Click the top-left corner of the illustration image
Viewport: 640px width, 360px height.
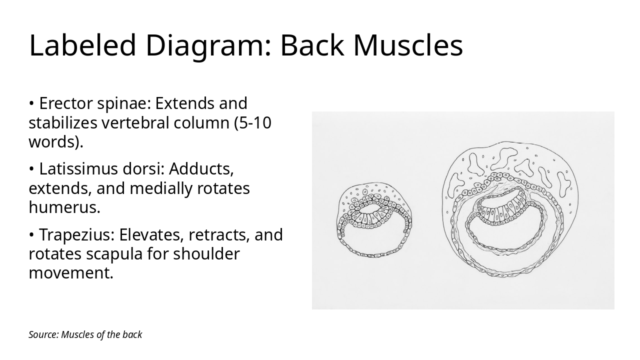tap(312, 111)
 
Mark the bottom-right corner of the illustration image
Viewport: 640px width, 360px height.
tap(614, 309)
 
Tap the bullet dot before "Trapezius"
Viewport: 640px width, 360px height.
tap(31, 235)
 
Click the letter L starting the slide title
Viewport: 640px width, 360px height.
tap(36, 45)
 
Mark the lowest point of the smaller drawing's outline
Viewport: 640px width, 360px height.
tap(373, 257)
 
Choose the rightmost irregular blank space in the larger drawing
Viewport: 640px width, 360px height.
tap(563, 184)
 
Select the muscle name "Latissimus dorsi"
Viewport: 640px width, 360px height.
tap(99, 169)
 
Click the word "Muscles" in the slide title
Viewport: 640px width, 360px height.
tap(408, 45)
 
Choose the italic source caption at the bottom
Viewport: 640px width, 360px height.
tap(85, 334)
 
